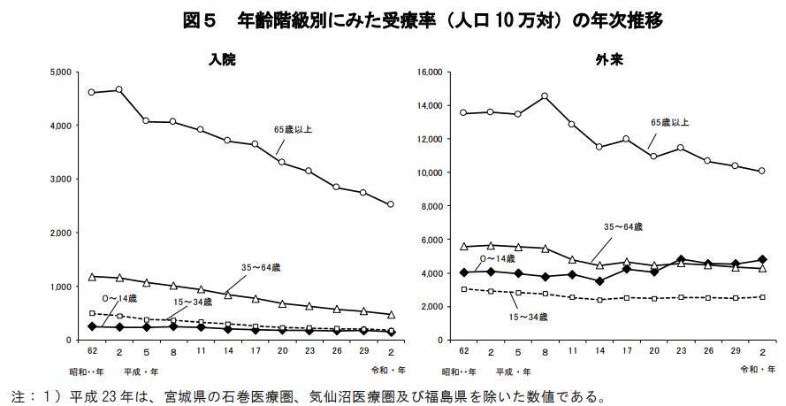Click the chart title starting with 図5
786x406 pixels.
click(423, 19)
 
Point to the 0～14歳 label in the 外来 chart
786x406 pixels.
click(497, 259)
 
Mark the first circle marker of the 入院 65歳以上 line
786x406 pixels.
click(92, 92)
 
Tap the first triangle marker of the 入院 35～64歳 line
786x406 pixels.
click(92, 277)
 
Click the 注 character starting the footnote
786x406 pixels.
click(18, 394)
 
